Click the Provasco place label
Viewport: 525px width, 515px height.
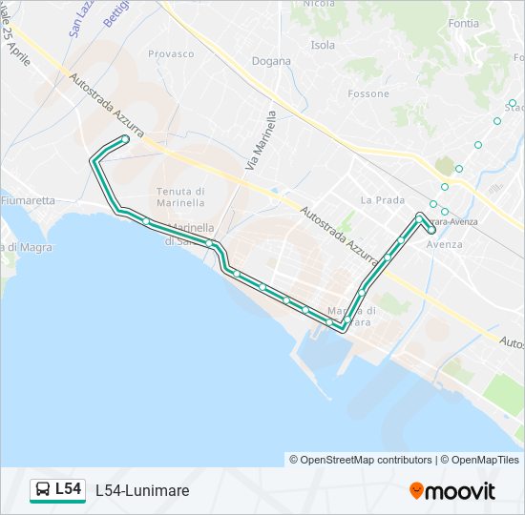point(171,53)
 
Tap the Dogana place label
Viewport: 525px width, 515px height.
point(271,61)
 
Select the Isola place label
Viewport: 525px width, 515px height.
point(323,45)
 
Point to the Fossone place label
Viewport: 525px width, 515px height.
point(368,93)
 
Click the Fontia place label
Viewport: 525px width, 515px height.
point(463,22)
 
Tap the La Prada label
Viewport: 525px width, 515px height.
point(383,200)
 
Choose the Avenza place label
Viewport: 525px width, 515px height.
point(445,244)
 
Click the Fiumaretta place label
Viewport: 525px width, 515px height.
point(29,201)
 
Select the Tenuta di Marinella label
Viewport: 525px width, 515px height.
point(180,196)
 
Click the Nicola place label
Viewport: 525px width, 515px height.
point(319,4)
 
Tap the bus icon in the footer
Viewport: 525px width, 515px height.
point(43,490)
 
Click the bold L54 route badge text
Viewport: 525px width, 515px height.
point(68,489)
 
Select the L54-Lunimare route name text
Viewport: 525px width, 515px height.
point(142,490)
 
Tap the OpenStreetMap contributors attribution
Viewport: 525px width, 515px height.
point(361,460)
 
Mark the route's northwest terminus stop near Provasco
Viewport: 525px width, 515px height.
point(125,139)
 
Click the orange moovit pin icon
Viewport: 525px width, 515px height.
point(416,491)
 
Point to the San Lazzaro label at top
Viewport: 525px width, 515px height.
point(78,17)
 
